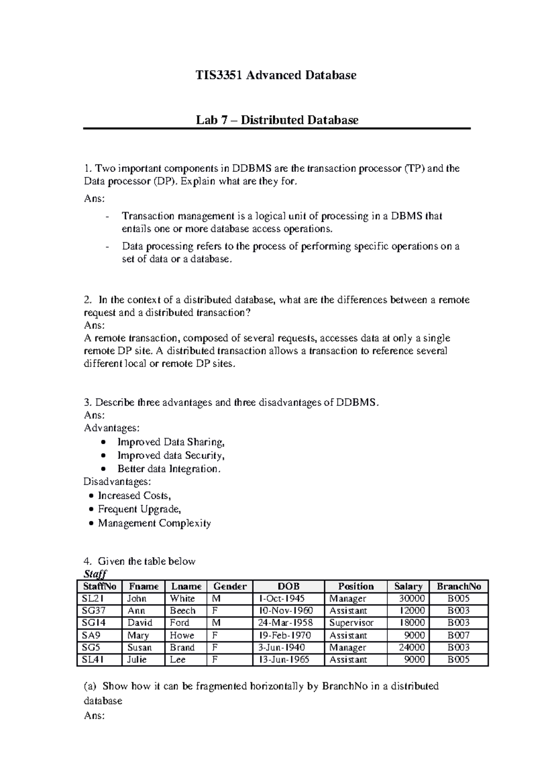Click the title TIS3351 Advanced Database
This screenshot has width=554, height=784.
pos(276,75)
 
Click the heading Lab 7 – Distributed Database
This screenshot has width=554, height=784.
pos(277,120)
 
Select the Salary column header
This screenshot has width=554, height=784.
pos(408,586)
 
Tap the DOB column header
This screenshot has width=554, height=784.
pos(289,586)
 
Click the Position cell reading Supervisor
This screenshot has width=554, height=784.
pos(351,623)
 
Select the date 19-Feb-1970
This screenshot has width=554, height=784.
pos(285,635)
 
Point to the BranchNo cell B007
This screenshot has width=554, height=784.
pos(458,635)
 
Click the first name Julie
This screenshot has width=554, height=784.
pos(137,660)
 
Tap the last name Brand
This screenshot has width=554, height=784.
pos(182,647)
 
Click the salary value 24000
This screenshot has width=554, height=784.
pos(412,647)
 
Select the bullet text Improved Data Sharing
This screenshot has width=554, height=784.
pos(171,442)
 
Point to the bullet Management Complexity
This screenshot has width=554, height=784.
pos(154,523)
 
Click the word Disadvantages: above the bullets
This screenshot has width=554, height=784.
pos(117,482)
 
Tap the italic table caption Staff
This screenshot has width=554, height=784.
pos(95,574)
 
